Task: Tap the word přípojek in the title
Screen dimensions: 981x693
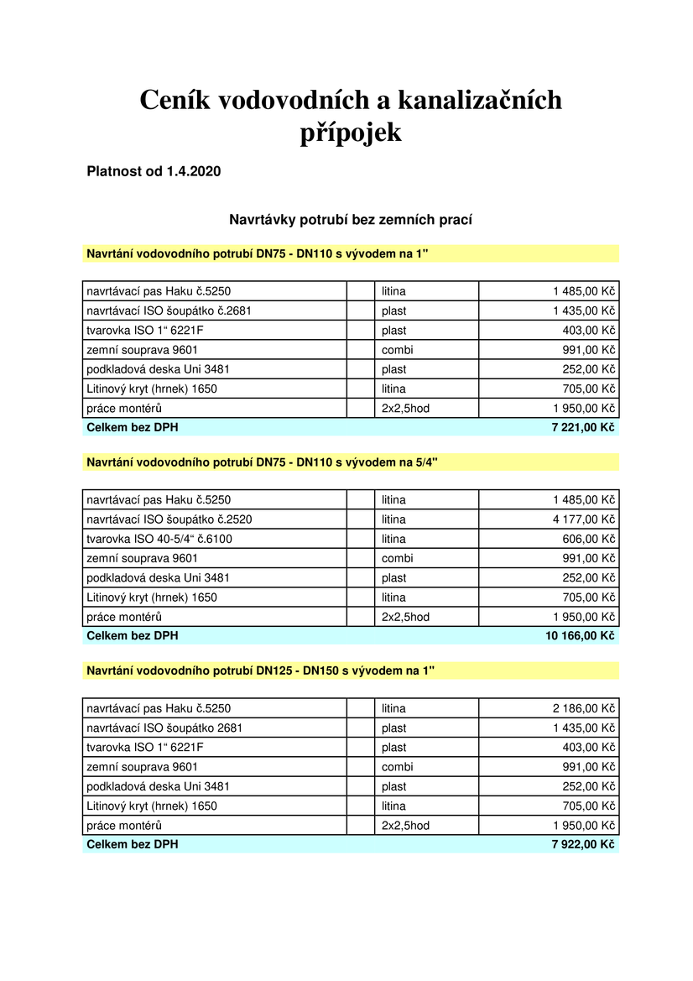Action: tap(351, 133)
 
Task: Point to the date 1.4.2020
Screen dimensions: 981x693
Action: tap(193, 172)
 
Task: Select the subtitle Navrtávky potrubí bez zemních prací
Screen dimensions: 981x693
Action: tap(351, 220)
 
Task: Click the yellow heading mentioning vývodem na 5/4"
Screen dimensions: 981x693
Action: tap(262, 462)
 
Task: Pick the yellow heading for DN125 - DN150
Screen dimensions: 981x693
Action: tap(261, 670)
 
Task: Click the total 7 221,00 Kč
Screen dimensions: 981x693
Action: tap(583, 428)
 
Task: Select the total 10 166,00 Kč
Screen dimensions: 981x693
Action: tap(580, 636)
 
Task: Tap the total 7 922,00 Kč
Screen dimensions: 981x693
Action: tap(583, 844)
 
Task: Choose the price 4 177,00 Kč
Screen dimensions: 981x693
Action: tap(584, 519)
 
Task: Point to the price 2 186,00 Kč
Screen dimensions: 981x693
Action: tap(584, 708)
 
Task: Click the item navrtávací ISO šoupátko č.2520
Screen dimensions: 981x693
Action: tap(169, 519)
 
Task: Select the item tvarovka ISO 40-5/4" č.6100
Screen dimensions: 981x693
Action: tap(159, 539)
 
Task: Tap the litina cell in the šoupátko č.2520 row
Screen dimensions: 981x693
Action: tap(393, 519)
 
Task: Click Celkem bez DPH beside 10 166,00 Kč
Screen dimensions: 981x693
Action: tap(133, 636)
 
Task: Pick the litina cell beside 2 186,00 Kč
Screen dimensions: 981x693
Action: tap(393, 708)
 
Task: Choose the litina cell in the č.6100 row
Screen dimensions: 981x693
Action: tap(393, 539)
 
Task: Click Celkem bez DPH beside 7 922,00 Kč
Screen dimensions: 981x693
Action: tap(133, 844)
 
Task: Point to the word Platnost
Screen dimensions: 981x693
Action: tap(114, 172)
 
